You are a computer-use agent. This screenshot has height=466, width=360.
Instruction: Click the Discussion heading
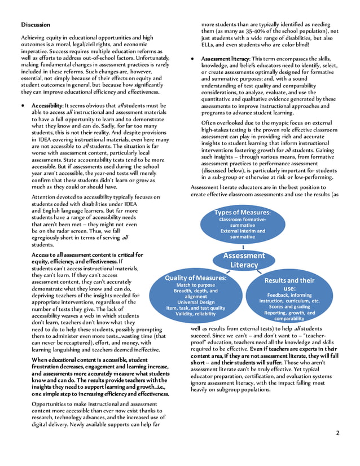pos(36,25)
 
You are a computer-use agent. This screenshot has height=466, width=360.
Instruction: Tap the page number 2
pos(337,433)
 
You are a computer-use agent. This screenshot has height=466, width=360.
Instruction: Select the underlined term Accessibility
pos(47,105)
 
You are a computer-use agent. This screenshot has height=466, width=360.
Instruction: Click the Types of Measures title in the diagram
pos(242,213)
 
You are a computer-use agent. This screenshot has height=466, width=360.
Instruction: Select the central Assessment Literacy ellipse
pos(244,260)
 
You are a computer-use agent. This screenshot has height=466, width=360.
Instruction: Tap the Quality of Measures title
pos(196,278)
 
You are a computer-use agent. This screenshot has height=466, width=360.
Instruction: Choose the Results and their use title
pos(289,284)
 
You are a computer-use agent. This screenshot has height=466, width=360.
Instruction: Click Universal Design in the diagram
pos(196,302)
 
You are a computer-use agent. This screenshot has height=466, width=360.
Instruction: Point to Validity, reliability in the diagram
pos(196,314)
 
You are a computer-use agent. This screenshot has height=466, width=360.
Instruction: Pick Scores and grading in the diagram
pos(289,307)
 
